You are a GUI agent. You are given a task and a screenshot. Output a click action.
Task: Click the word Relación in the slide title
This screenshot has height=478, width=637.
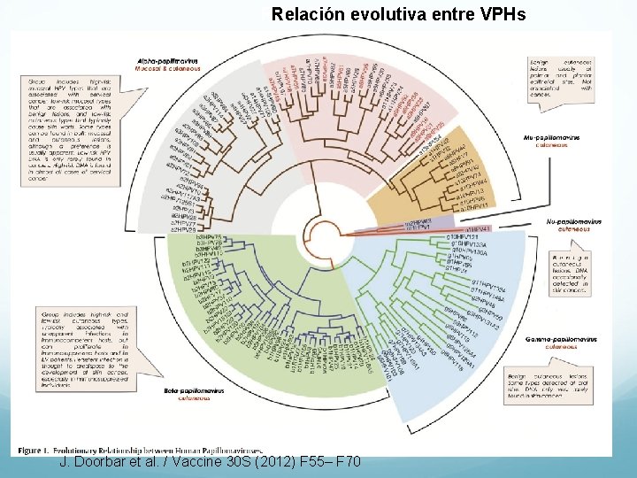pos(305,14)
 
